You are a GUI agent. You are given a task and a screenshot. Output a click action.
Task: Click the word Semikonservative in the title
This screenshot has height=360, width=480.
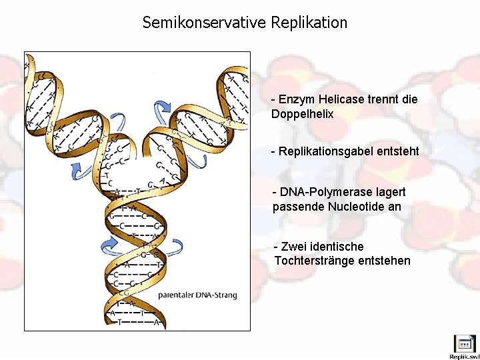point(204,23)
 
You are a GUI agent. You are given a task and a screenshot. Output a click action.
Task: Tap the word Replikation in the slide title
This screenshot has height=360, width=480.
point(309,23)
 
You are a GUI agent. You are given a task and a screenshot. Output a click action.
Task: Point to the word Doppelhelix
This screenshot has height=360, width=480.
point(302,114)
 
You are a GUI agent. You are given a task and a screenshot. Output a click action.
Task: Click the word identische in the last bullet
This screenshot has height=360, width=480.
point(337,247)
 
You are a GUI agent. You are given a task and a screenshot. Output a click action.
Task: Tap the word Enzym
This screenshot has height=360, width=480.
point(294,99)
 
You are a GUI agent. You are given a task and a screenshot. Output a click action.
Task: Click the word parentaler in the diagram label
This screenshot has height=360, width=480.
point(177,295)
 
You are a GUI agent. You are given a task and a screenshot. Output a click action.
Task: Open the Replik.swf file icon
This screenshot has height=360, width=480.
point(464,343)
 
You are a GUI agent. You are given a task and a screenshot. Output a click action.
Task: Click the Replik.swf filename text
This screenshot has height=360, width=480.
point(464,357)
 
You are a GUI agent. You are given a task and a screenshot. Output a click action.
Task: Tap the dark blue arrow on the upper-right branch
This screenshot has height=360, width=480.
point(162,107)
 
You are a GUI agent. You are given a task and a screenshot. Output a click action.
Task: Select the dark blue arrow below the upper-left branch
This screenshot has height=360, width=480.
point(77,170)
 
